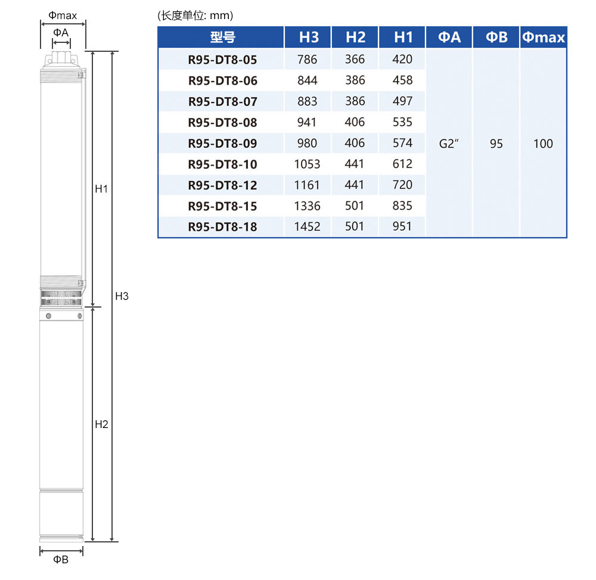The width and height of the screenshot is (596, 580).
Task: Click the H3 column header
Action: coord(309,37)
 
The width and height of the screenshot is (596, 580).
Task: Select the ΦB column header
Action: coord(496,37)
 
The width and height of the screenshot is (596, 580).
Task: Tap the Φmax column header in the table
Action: coord(543,37)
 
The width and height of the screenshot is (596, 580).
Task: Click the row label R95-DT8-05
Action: coord(222,60)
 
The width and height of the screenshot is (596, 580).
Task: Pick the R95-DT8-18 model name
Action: coord(222,227)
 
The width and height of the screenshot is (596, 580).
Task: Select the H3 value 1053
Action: coord(307,164)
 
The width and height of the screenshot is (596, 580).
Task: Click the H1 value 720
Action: coord(402,185)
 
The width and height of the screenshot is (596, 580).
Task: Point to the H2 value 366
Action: coord(355,59)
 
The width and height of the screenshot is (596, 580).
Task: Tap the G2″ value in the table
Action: coord(449,144)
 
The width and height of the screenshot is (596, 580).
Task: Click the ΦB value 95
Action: coord(496,144)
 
